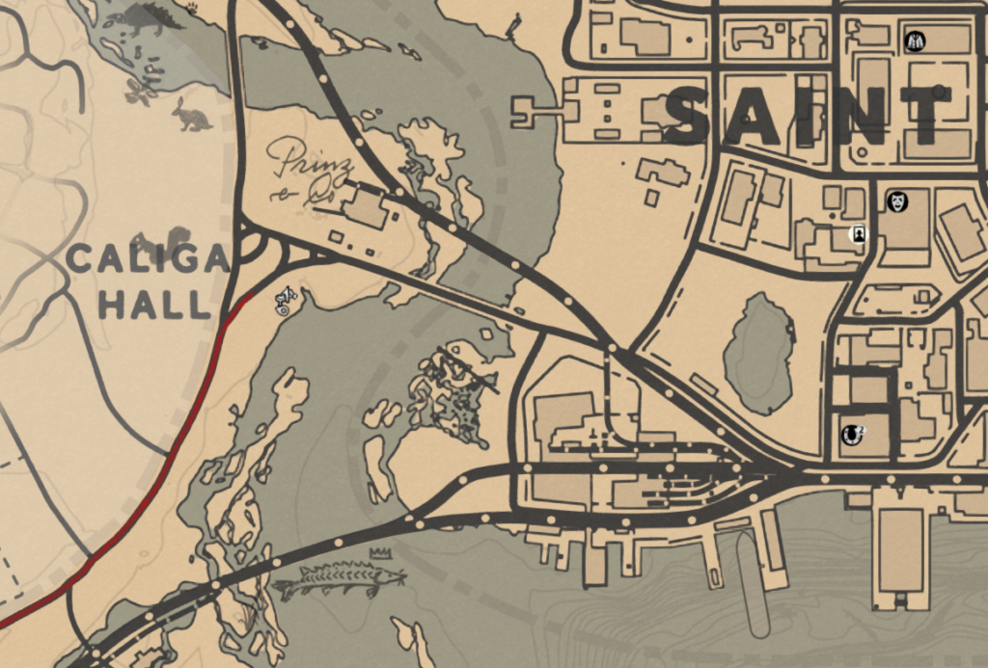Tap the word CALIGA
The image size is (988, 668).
148,259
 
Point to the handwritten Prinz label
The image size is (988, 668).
303,160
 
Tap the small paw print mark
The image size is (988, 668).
192,8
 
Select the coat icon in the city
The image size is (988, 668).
915,41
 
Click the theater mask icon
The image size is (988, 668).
897,201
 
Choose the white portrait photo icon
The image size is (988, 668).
856,234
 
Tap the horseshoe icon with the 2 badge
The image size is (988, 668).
850,435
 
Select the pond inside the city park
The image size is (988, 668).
759,352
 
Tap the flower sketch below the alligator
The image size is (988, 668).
141,93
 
